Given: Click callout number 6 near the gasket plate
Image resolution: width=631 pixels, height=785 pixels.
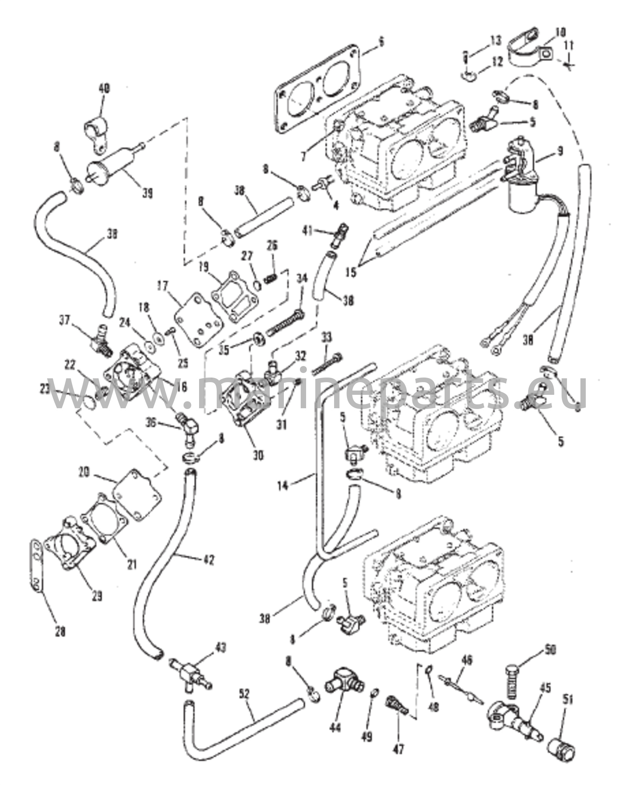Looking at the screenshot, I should click(381, 42).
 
